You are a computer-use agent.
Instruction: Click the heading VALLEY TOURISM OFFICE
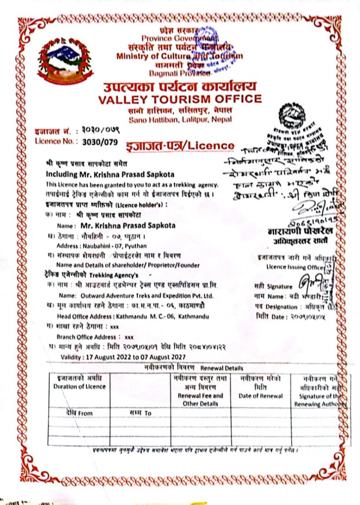[x=180, y=100]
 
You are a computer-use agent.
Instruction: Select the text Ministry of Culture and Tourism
[x=180, y=56]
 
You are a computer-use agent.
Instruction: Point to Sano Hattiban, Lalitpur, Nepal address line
[x=180, y=120]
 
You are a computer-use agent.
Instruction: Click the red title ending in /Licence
[x=180, y=146]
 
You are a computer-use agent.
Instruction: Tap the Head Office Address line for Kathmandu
[x=132, y=316]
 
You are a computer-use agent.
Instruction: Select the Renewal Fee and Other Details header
[x=200, y=399]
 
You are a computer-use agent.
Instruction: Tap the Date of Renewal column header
[x=261, y=396]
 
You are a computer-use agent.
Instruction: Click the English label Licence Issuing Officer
[x=294, y=267]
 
